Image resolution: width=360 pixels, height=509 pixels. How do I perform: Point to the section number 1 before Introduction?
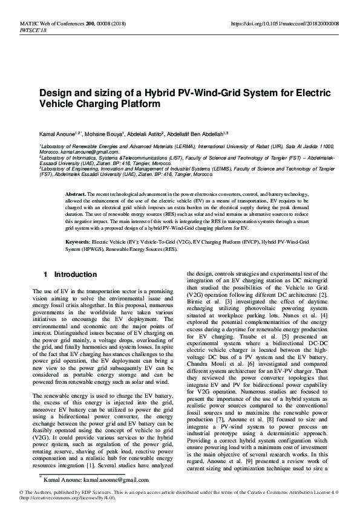(x=46, y=274)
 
